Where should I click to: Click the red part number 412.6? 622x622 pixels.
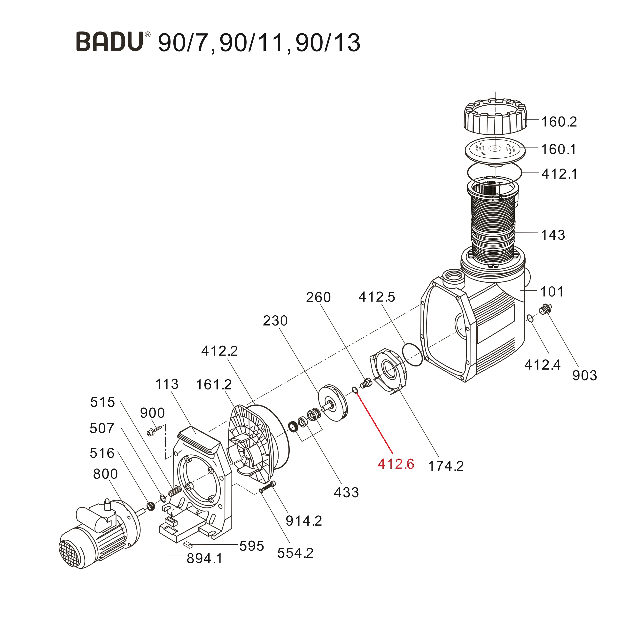[x=396, y=464]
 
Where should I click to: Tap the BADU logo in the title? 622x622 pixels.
[x=110, y=42]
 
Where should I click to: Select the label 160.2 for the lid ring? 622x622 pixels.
[x=559, y=122]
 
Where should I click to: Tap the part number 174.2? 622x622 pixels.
[x=446, y=466]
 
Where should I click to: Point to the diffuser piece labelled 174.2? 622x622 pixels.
[x=388, y=370]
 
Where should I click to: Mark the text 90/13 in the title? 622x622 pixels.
[x=328, y=43]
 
